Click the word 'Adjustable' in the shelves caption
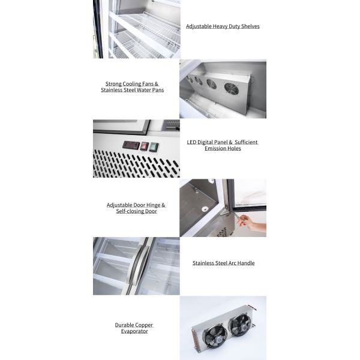pos(198,26)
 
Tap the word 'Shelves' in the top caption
pos(250,26)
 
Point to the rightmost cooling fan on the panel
pos(232,89)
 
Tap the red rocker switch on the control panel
pos(145,146)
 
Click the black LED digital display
pos(131,145)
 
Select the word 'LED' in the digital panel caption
pos(193,142)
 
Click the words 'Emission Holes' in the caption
pos(223,148)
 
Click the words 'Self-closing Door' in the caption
pos(136,211)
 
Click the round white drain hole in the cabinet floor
pos(205,209)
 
